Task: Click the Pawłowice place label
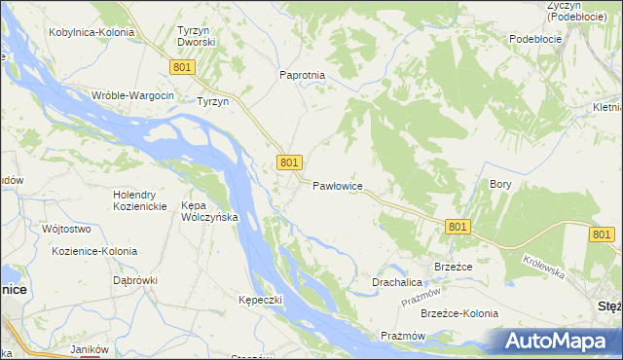(x=338, y=185)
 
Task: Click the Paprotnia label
(x=302, y=75)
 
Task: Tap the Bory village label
(x=500, y=184)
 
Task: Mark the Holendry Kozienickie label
(x=143, y=200)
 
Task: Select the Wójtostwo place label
(x=66, y=230)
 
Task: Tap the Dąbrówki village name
(x=134, y=280)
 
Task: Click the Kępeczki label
(x=260, y=300)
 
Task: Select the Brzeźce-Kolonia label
(x=459, y=313)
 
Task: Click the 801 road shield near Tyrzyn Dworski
(x=182, y=66)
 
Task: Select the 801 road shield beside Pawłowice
(x=288, y=163)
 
